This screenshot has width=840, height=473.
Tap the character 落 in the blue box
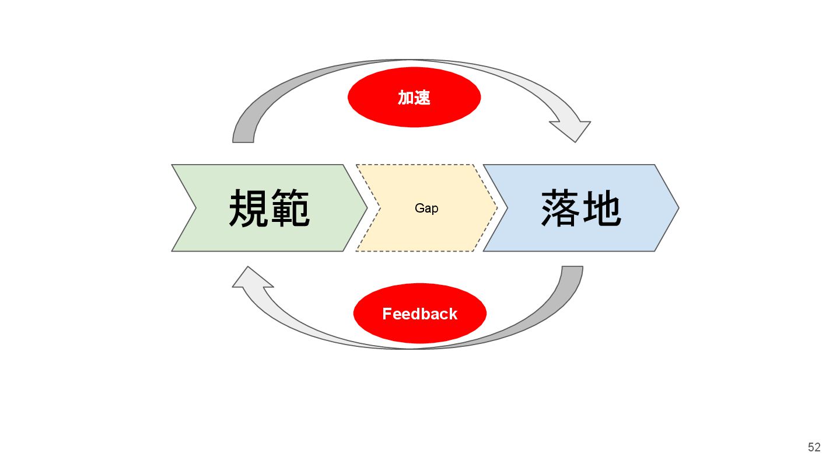tap(561, 208)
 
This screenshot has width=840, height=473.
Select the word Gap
tap(426, 208)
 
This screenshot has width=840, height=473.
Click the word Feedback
tap(419, 314)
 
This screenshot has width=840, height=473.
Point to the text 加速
tap(414, 98)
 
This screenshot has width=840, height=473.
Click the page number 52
tap(814, 448)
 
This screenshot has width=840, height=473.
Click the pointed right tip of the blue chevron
tap(677, 207)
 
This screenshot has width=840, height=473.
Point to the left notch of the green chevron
tap(195, 208)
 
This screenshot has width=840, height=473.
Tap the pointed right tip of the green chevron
tap(365, 207)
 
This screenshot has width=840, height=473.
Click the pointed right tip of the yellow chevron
tap(495, 207)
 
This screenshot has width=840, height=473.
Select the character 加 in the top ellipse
tap(405, 98)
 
